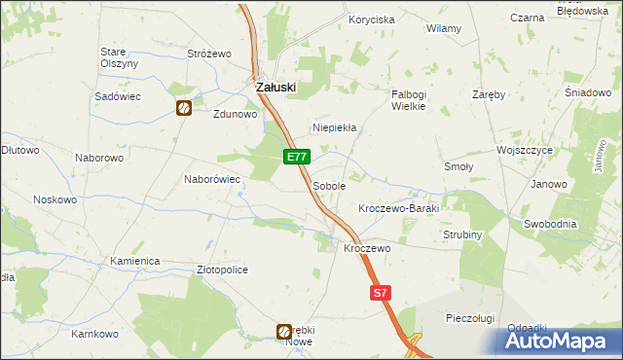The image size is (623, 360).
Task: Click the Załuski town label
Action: pyautogui.click(x=275, y=87)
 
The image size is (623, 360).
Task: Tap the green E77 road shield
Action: pyautogui.click(x=298, y=157)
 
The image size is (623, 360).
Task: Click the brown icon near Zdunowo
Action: pyautogui.click(x=183, y=109)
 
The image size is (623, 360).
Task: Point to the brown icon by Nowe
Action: pyautogui.click(x=284, y=332)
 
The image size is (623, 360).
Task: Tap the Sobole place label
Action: pyautogui.click(x=329, y=185)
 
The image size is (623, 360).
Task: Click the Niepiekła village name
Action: pyautogui.click(x=335, y=127)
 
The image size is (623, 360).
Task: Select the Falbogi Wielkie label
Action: pyautogui.click(x=409, y=100)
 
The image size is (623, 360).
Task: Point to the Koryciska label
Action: pyautogui.click(x=372, y=19)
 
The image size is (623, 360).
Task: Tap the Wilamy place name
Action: pyautogui.click(x=444, y=29)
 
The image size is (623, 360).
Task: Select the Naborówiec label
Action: pyautogui.click(x=212, y=179)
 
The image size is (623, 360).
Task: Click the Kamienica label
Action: pyautogui.click(x=134, y=262)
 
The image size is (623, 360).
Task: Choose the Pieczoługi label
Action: pyautogui.click(x=471, y=318)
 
